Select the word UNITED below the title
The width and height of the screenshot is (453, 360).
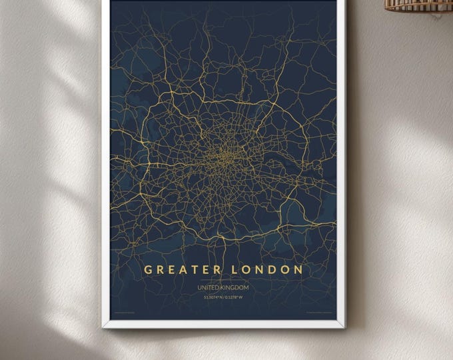tap(208, 287)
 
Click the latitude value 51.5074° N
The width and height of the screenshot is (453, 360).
tap(215, 297)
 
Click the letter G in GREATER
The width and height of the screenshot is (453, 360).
tap(147, 270)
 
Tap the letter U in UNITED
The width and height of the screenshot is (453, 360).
tap(200, 287)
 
